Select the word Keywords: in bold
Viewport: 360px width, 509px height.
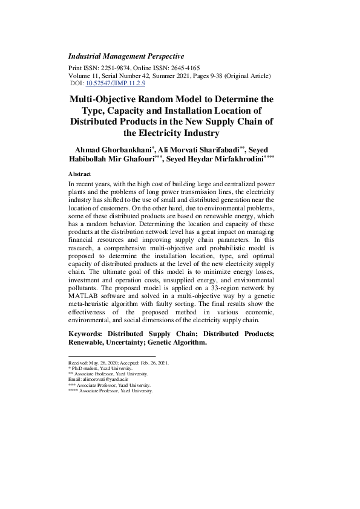coord(86,334)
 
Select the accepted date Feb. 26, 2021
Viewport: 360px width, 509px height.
coord(152,363)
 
